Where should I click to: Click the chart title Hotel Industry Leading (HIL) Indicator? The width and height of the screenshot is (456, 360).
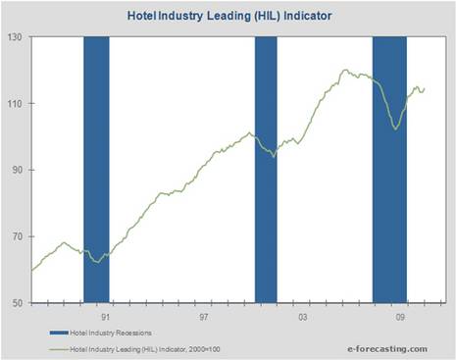click(228, 17)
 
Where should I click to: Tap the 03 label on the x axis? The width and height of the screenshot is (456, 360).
click(303, 317)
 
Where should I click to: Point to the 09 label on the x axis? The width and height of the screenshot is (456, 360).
click(401, 317)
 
